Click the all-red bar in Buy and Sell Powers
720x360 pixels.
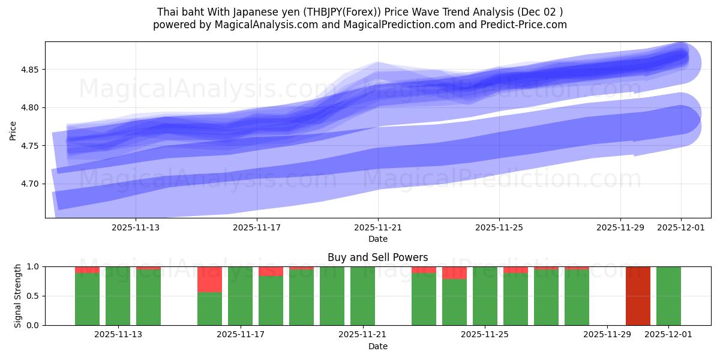pos(638,296)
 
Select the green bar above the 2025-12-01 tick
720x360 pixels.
pos(668,296)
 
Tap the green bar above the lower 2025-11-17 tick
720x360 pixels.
pos(240,296)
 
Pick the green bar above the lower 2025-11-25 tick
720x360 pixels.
pos(485,296)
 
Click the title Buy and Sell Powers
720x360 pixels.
pos(377,257)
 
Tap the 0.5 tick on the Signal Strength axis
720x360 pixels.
pos(33,296)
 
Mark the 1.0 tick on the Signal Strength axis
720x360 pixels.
pos(33,266)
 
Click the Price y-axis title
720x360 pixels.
pos(13,130)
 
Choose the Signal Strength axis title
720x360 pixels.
pos(18,296)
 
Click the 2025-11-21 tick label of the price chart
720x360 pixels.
pos(378,227)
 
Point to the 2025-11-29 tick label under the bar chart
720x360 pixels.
pos(607,335)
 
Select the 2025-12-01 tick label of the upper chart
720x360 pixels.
pos(681,227)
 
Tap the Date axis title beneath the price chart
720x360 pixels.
pos(378,239)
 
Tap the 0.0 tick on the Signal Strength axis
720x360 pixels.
pos(33,325)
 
